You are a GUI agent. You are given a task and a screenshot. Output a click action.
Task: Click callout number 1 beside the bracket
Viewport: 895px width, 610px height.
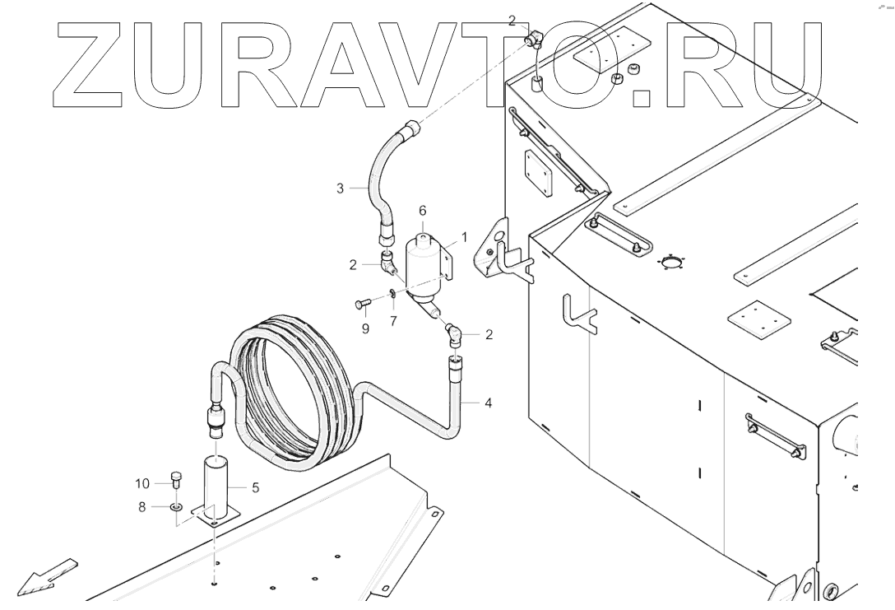click(x=464, y=236)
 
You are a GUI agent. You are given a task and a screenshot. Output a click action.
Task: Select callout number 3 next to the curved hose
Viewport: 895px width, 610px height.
click(x=339, y=189)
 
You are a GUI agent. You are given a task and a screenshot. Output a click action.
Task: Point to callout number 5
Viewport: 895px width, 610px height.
click(x=255, y=487)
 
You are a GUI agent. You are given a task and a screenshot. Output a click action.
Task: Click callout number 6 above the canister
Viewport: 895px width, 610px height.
click(x=423, y=211)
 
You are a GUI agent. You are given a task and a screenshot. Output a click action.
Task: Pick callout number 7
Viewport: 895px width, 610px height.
click(x=393, y=320)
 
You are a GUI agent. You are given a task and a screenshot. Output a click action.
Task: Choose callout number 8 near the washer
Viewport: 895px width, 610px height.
click(x=141, y=507)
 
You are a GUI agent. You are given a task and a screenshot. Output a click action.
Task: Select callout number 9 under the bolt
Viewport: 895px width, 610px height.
click(x=365, y=328)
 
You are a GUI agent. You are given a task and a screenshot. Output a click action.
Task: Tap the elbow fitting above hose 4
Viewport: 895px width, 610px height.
click(x=454, y=333)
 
